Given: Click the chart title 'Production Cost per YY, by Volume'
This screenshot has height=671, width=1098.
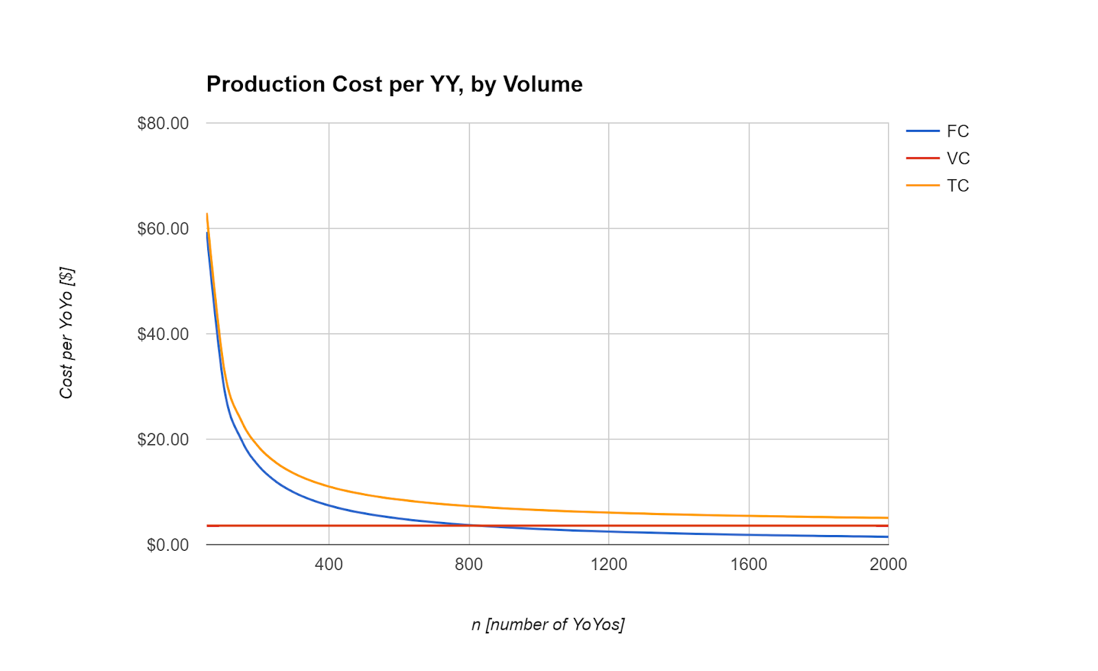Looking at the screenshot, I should (394, 84).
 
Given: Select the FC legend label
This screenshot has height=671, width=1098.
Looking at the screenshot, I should (957, 131).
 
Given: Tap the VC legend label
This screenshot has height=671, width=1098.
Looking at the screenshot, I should (958, 159).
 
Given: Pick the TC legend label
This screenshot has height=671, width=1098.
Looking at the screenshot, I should (957, 185).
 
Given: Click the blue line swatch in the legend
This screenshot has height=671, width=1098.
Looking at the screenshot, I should (922, 131).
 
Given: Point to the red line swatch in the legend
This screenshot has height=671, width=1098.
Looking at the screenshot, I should (922, 159).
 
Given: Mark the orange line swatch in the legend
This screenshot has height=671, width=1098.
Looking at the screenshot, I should (922, 185).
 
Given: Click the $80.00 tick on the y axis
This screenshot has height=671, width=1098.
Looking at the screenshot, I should (163, 124).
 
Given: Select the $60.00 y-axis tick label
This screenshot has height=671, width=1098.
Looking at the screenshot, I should (163, 229).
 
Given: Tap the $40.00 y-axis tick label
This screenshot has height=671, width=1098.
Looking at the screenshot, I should (163, 334).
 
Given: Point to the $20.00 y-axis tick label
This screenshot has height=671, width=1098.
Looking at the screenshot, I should (163, 440).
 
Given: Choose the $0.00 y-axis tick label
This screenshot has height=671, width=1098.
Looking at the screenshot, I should (167, 545).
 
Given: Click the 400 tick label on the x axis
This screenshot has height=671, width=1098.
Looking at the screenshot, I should (329, 565).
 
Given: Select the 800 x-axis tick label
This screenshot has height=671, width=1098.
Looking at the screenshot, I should (469, 565).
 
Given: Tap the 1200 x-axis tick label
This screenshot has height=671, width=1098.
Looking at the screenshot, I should (609, 565).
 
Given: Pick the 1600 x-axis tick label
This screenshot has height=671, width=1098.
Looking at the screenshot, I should (749, 565).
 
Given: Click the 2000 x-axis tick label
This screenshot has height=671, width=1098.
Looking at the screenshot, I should (888, 565).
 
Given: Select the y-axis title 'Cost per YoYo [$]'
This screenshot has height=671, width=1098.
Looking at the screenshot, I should (67, 333).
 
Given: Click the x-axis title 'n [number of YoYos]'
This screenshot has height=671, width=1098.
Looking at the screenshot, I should (548, 624).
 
